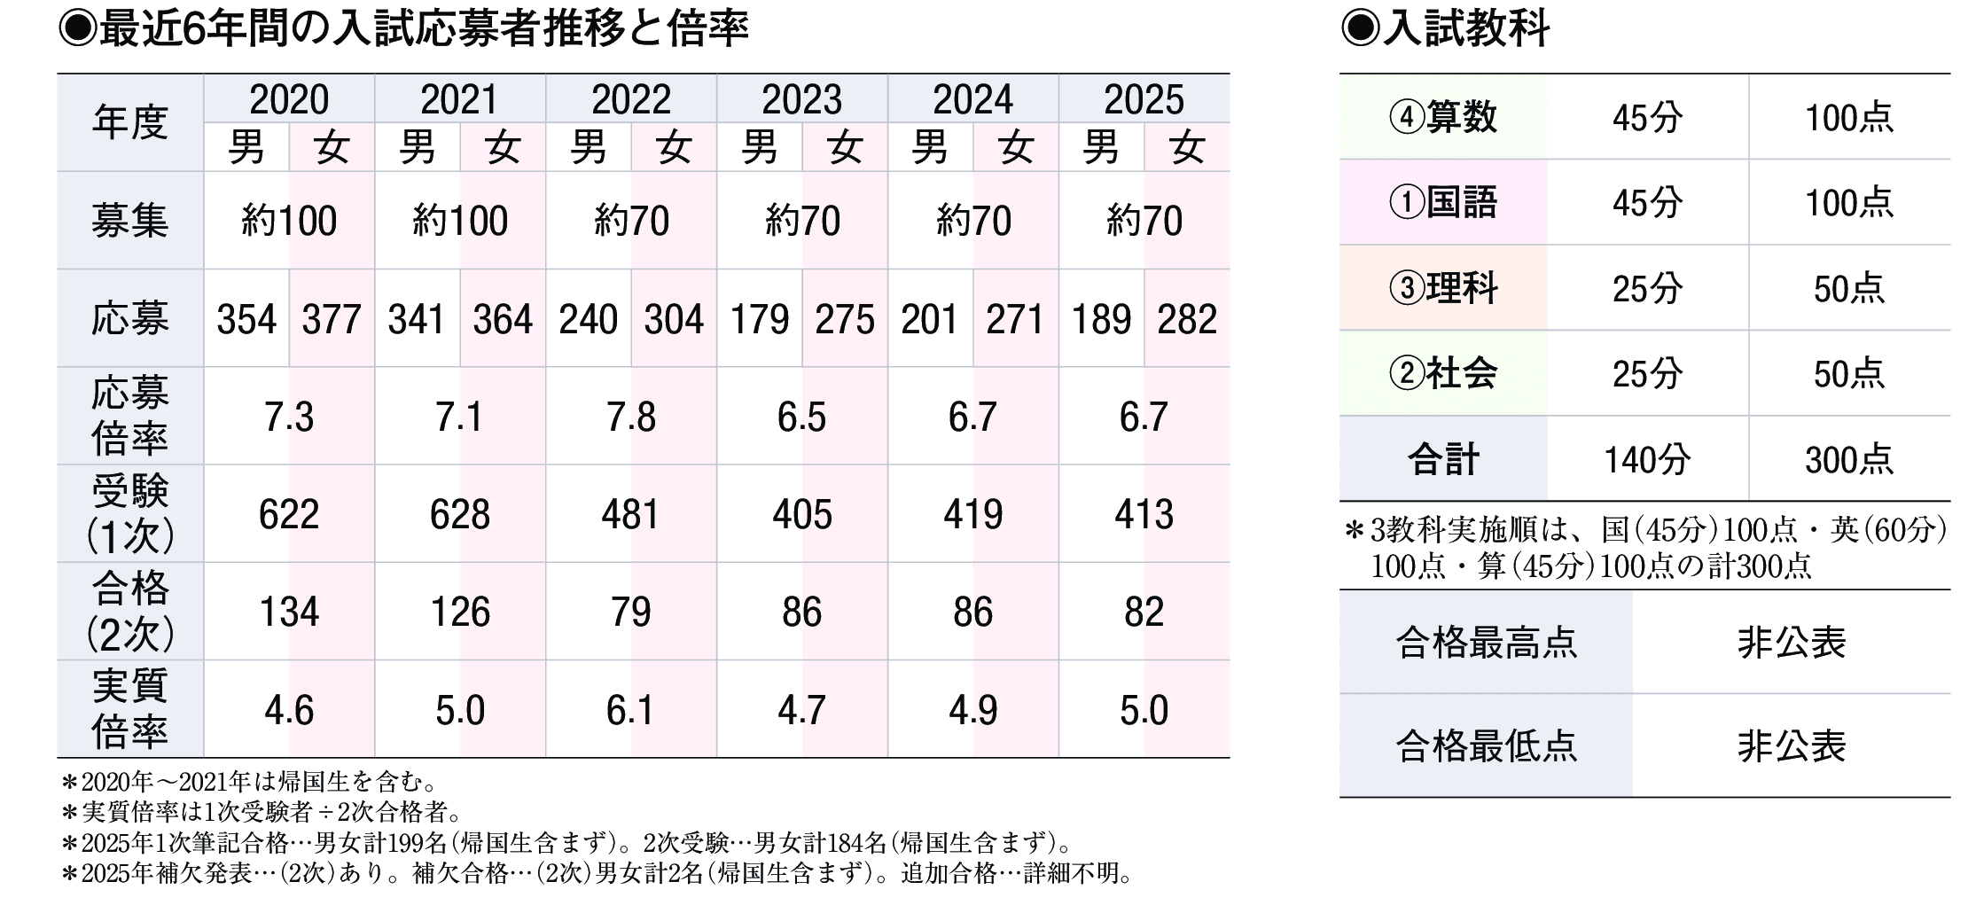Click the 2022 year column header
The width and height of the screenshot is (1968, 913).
tap(630, 99)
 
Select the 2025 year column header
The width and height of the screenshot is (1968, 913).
tap(1143, 99)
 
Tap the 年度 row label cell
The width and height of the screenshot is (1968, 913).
tap(129, 122)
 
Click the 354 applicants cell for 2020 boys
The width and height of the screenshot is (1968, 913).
tap(246, 319)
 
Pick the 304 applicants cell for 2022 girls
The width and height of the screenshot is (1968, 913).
tap(674, 319)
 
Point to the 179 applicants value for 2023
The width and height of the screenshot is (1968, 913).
tap(759, 319)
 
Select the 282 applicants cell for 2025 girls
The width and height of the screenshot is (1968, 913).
tap(1186, 319)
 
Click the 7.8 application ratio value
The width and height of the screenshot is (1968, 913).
tap(630, 417)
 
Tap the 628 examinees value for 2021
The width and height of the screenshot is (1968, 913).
tap(459, 514)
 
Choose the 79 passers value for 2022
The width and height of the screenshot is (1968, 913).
tap(630, 612)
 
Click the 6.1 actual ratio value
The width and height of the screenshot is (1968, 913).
tap(630, 710)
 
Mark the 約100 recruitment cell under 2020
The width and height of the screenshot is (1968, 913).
tap(289, 221)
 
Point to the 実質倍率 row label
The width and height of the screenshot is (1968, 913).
tap(129, 709)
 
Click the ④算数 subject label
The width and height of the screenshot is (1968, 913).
tap(1443, 117)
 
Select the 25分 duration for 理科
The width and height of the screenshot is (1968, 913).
tap(1647, 288)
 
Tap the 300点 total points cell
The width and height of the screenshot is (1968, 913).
tap(1848, 459)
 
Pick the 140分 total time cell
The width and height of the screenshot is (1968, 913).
tap(1647, 459)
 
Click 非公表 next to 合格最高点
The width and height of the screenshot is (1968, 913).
tap(1791, 643)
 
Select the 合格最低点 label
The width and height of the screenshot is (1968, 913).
tap(1486, 745)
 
